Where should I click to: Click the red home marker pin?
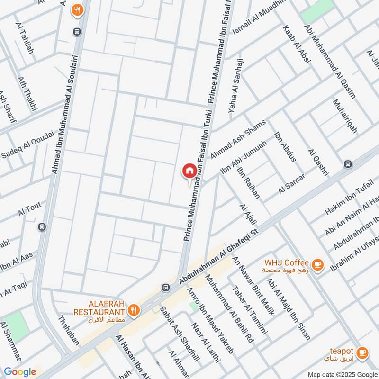click(189, 171)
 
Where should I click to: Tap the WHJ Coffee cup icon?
click(318, 264)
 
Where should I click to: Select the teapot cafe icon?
click(362, 352)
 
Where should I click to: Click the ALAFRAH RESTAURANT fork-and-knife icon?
click(135, 311)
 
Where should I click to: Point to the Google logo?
click(19, 372)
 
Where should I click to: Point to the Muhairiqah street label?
click(345, 116)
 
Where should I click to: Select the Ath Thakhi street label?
click(27, 94)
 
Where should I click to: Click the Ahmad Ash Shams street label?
click(238, 139)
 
